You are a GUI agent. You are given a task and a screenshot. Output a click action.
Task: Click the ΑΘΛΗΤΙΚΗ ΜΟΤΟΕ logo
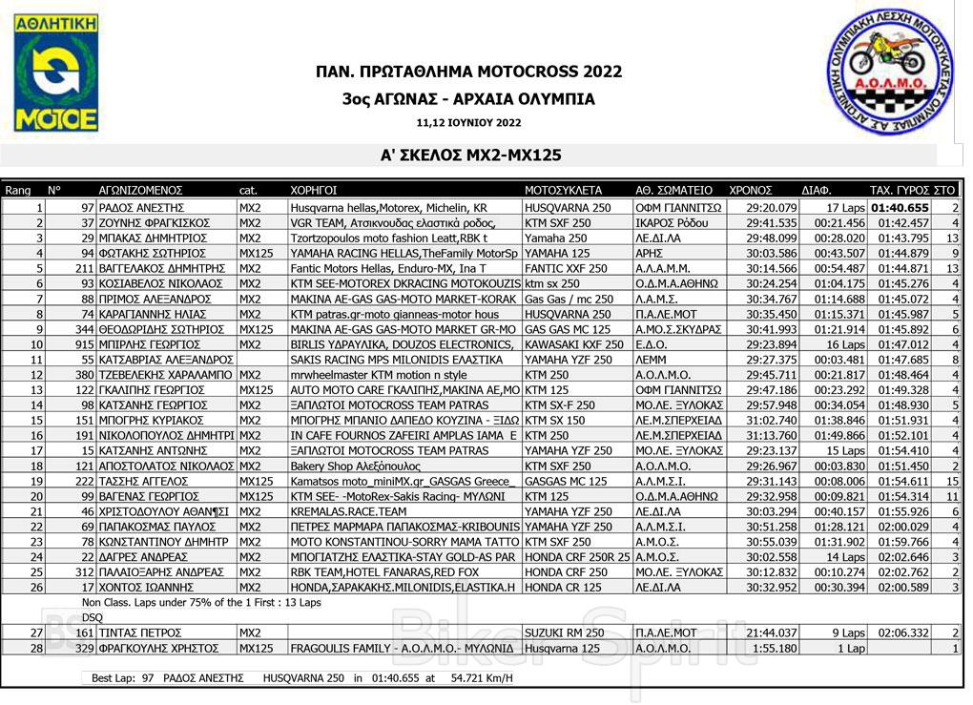coord(55,73)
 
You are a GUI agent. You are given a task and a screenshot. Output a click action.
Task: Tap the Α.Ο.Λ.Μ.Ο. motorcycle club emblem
coord(889,73)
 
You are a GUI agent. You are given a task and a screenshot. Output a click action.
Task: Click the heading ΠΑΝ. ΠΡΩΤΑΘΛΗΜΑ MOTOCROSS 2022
coord(468,73)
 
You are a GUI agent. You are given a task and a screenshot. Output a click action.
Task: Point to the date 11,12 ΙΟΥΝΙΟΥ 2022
coord(468,123)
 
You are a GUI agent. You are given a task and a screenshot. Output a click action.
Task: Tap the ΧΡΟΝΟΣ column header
coord(751,190)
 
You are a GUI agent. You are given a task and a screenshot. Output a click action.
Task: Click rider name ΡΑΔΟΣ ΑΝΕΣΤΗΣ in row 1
coord(141,207)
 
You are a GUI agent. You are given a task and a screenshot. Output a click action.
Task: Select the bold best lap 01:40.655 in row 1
coord(900,207)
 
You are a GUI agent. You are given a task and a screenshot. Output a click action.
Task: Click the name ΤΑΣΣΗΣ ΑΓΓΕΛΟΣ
coord(138,482)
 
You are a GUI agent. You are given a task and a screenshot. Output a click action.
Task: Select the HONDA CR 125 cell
coord(560,588)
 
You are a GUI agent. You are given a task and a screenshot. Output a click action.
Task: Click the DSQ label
coord(93,617)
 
